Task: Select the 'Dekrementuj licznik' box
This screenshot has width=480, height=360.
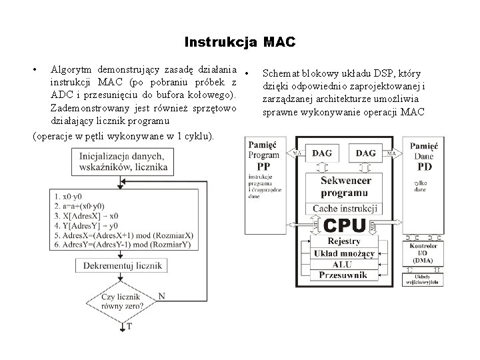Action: coord(123,265)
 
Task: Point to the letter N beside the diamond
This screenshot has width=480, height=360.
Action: coord(162,295)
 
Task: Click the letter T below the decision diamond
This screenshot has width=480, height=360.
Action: coord(129,327)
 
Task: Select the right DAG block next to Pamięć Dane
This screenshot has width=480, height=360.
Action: coord(365,154)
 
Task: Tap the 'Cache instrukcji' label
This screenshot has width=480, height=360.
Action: coord(345,209)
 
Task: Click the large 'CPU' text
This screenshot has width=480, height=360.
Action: coord(345,225)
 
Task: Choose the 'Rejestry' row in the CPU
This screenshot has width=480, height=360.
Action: coord(345,241)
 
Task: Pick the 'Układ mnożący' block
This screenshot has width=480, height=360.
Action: coord(345,253)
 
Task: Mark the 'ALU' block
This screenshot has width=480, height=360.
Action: coord(345,264)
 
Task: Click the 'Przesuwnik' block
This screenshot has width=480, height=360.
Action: coord(345,275)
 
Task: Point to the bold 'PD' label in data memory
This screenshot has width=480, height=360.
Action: coord(424,166)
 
